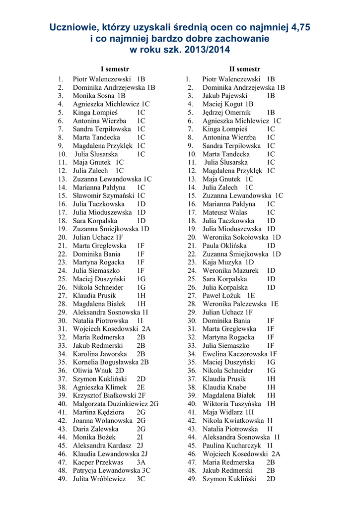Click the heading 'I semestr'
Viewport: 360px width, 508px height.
(x=115, y=69)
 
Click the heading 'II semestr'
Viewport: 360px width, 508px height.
(x=244, y=69)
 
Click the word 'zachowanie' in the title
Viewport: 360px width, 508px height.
(x=239, y=39)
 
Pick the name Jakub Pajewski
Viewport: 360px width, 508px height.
(x=224, y=96)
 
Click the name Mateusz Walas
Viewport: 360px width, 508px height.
(x=225, y=212)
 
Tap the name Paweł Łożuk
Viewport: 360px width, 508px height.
(x=221, y=296)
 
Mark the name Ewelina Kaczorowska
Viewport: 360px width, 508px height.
(x=234, y=354)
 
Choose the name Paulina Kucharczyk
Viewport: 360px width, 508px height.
(x=231, y=445)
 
